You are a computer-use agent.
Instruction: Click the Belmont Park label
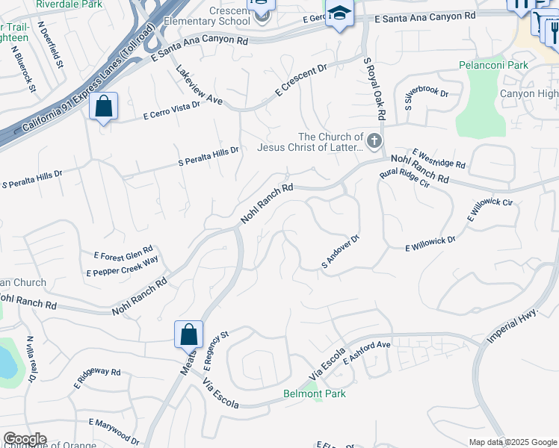pyautogui.click(x=312, y=393)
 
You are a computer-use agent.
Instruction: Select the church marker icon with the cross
pyautogui.click(x=374, y=140)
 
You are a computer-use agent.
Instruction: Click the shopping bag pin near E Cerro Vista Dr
pyautogui.click(x=104, y=108)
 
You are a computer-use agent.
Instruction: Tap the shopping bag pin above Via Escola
pyautogui.click(x=189, y=335)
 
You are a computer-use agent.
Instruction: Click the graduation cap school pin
pyautogui.click(x=340, y=14)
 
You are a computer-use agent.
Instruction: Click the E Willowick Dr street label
pyautogui.click(x=430, y=243)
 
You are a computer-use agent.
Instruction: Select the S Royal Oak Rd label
pyautogui.click(x=372, y=89)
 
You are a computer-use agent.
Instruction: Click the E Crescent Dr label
pyautogui.click(x=301, y=80)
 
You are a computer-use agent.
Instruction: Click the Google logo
pyautogui.click(x=25, y=439)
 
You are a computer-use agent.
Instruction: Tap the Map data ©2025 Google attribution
pyautogui.click(x=512, y=442)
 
